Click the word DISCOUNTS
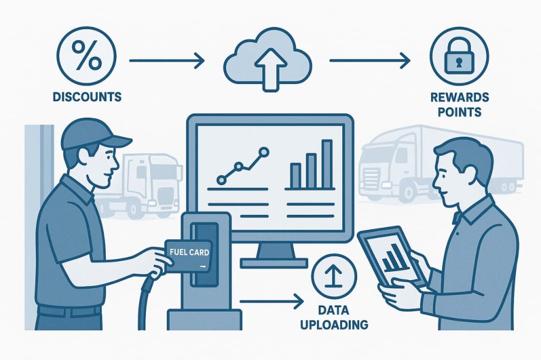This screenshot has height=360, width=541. [87, 97]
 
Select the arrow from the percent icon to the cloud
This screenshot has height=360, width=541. [166, 61]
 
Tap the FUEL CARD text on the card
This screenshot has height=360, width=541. [187, 253]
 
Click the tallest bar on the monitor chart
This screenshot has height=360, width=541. [327, 164]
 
